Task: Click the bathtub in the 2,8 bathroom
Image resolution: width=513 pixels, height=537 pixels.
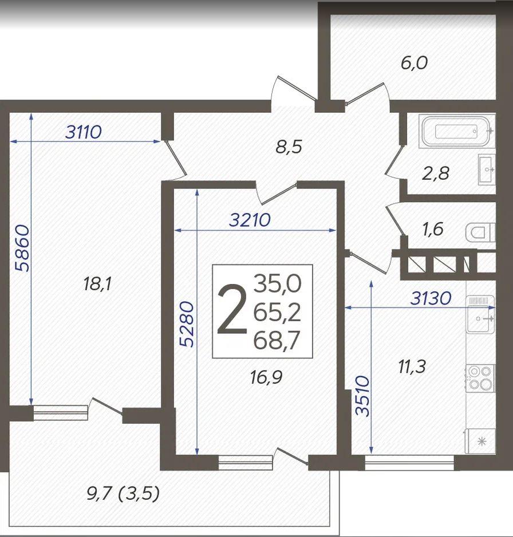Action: (456, 132)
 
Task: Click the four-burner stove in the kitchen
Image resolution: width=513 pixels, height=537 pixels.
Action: (480, 378)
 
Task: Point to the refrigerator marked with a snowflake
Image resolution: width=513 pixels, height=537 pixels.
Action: (480, 441)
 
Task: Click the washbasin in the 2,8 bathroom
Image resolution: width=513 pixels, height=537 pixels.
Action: (487, 169)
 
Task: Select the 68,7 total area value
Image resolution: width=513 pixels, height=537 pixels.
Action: (277, 340)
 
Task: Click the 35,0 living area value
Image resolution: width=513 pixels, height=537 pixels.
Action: (277, 283)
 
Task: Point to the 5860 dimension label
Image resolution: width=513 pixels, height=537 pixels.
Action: (23, 248)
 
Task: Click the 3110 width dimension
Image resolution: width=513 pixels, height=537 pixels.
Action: (84, 132)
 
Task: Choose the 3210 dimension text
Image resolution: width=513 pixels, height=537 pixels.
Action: (250, 220)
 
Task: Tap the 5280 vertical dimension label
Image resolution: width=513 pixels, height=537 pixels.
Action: (187, 324)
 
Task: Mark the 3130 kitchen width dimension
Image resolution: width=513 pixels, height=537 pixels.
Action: (431, 298)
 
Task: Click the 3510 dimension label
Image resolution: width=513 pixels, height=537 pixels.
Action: (363, 396)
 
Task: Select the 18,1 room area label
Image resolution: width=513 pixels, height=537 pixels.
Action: (97, 284)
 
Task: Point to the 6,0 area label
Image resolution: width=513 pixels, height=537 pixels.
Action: (414, 63)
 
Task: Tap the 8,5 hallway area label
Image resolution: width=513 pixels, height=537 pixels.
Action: (289, 147)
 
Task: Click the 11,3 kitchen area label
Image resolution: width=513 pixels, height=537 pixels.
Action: (412, 366)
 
